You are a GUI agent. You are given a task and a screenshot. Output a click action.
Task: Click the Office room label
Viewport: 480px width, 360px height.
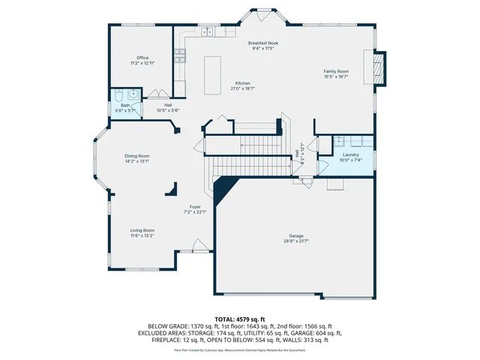(x=142, y=58)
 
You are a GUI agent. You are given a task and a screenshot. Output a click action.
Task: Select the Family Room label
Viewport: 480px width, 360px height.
(x=336, y=70)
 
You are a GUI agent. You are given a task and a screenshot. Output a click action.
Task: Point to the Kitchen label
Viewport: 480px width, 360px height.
(x=242, y=82)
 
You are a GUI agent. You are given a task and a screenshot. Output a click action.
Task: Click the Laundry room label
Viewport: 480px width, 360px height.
(x=350, y=154)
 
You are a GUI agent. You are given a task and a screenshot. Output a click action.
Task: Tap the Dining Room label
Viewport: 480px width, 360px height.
(x=136, y=155)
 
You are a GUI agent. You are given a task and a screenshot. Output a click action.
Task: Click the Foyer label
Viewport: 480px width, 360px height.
(x=195, y=206)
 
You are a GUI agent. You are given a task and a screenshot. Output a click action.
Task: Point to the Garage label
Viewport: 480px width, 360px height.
(x=296, y=235)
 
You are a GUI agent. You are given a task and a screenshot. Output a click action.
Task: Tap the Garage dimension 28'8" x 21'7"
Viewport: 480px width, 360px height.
(x=296, y=241)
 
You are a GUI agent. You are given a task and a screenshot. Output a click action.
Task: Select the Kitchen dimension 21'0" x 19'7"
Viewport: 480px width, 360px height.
(x=242, y=88)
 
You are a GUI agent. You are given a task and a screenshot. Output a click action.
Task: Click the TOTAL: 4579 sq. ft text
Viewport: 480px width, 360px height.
(x=239, y=319)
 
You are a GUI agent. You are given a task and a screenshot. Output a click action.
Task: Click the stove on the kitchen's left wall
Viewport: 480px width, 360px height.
(x=179, y=55)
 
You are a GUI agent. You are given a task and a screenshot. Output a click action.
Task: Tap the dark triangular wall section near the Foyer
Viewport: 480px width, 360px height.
(x=221, y=191)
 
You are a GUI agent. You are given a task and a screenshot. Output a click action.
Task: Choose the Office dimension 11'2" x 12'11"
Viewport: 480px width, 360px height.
(x=142, y=63)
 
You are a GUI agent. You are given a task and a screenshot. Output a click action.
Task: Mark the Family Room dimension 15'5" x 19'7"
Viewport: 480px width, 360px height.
(x=336, y=76)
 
